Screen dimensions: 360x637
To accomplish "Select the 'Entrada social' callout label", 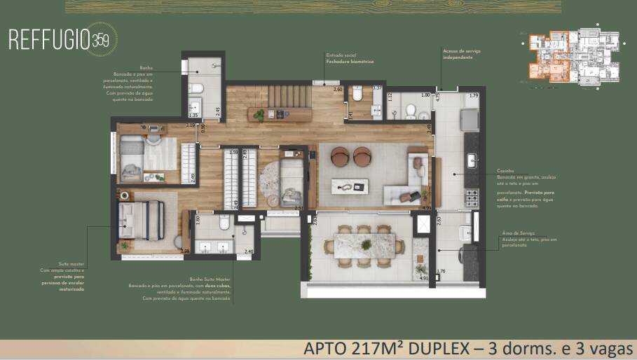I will point(339,55).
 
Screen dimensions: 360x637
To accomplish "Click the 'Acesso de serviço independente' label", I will point(458,54).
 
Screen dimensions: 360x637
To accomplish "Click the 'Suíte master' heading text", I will point(71,266).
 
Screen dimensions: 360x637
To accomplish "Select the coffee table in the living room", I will point(350,186).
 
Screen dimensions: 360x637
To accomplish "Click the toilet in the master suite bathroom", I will point(224,223).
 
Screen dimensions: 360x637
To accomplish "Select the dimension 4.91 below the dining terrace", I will point(422,279).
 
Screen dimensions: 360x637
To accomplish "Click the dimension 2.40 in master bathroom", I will point(248,251).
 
